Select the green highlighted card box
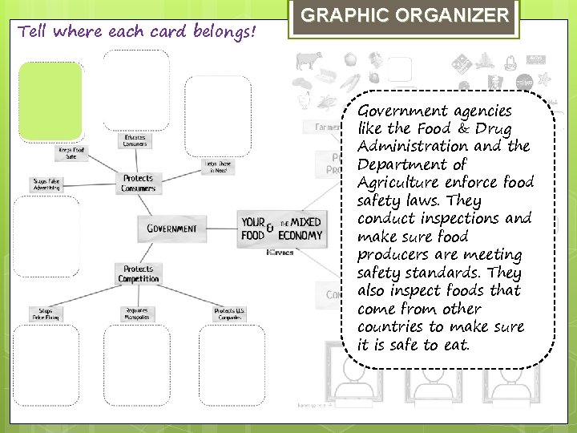click(x=50, y=99)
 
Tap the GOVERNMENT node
click(x=171, y=229)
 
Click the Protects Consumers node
click(x=138, y=184)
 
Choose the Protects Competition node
click(x=138, y=274)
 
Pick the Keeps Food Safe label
click(x=71, y=152)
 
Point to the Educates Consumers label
click(x=135, y=140)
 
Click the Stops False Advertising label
click(x=46, y=184)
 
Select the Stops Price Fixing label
click(x=46, y=313)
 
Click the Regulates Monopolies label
click(x=136, y=313)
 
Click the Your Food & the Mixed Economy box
click(x=281, y=229)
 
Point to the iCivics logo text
click(x=280, y=252)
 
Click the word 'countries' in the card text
click(x=391, y=327)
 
